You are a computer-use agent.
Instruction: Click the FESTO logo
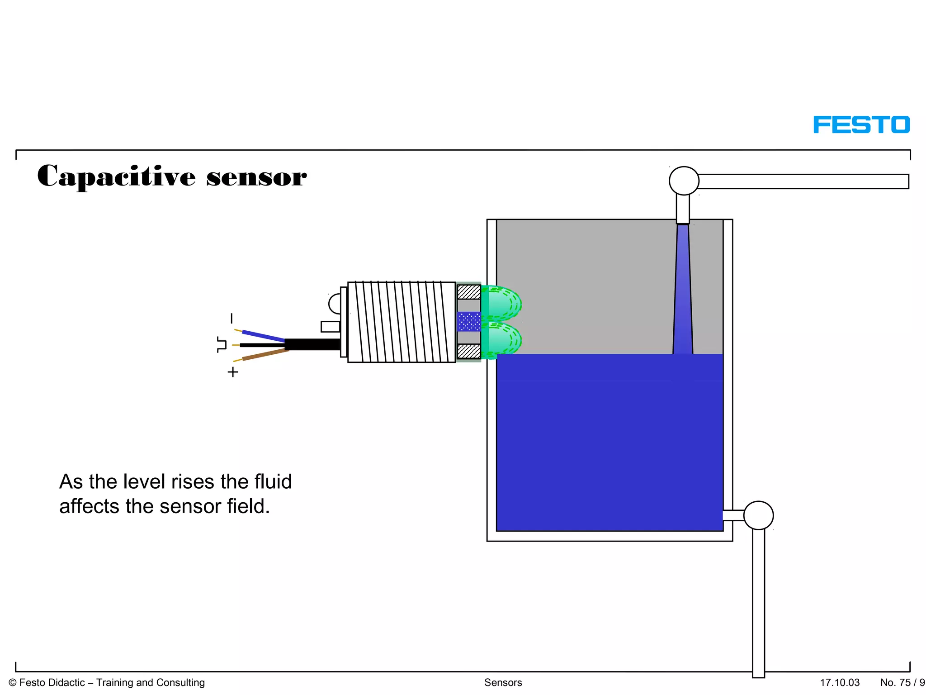[861, 124]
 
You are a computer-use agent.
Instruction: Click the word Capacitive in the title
[116, 176]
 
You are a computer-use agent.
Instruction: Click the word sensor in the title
[256, 177]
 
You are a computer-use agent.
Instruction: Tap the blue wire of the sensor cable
[263, 336]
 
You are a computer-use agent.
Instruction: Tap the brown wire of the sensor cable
[265, 355]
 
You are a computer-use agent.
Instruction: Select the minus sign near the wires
[232, 319]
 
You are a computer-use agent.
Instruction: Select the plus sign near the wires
[233, 372]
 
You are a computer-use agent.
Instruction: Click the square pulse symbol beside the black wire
[222, 344]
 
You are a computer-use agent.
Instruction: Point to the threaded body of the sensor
[401, 322]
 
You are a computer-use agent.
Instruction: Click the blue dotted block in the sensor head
[469, 322]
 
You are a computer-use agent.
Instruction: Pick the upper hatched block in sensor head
[469, 292]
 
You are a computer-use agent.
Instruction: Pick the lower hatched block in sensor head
[469, 351]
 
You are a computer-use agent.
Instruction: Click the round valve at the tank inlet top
[684, 181]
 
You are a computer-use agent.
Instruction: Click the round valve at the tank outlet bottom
[758, 515]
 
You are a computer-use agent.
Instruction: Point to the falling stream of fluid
[683, 290]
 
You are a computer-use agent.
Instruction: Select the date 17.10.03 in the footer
[840, 682]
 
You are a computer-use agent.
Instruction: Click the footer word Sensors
[503, 682]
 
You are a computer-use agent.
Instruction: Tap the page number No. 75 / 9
[902, 682]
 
